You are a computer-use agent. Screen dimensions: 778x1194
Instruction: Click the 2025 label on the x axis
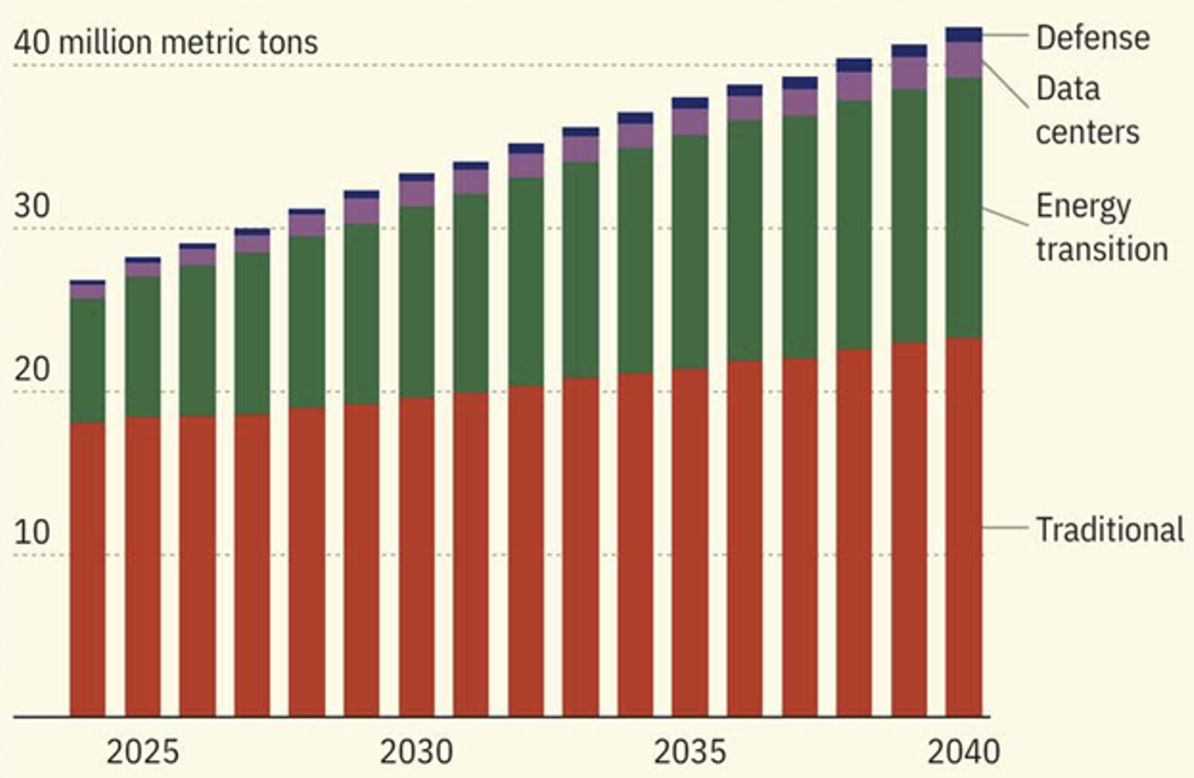point(142,752)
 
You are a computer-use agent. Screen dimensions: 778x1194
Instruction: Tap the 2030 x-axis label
point(416,752)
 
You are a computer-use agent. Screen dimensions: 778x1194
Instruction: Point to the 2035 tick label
point(690,752)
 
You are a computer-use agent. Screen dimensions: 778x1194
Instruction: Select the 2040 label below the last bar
point(963,752)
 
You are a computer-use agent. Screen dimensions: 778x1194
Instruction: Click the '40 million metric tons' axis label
point(166,43)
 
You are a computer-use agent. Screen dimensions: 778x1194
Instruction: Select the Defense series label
point(1093,38)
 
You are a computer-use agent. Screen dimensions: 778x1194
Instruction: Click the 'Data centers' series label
point(1087,110)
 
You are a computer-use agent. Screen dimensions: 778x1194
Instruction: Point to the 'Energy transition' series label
point(1101,228)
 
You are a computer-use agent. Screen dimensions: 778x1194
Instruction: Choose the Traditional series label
point(1109,530)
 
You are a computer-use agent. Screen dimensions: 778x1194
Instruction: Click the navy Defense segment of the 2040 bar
point(963,35)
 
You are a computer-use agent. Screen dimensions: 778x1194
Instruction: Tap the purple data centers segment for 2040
point(963,60)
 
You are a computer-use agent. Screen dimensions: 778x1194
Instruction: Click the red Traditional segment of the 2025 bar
point(142,566)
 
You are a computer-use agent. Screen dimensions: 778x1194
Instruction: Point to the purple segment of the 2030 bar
point(416,194)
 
